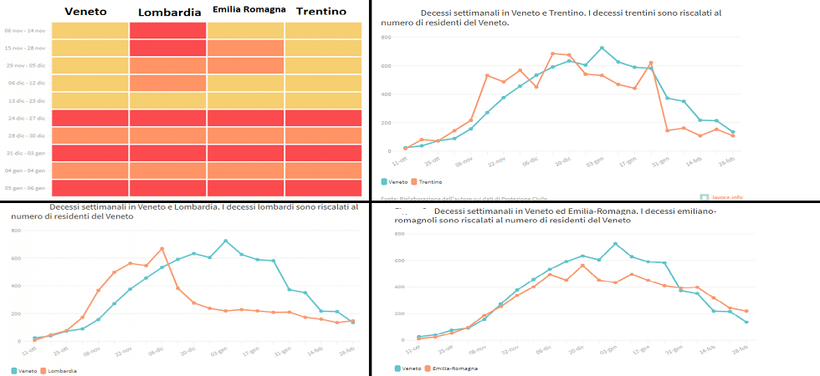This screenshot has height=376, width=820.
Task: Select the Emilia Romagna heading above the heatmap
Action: pos(249,10)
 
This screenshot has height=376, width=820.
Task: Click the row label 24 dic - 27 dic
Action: pos(26,118)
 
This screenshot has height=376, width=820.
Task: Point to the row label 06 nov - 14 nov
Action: pos(26,30)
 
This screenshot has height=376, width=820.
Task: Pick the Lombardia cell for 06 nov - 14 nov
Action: pos(168,30)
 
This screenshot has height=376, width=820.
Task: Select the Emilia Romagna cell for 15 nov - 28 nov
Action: pos(246,48)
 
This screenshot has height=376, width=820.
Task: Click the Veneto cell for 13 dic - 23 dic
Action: pos(90,100)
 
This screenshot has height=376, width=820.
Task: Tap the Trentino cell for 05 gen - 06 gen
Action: pos(323,188)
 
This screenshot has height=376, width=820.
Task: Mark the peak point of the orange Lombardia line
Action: pos(162,248)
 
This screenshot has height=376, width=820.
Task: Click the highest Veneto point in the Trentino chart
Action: pos(602,48)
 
